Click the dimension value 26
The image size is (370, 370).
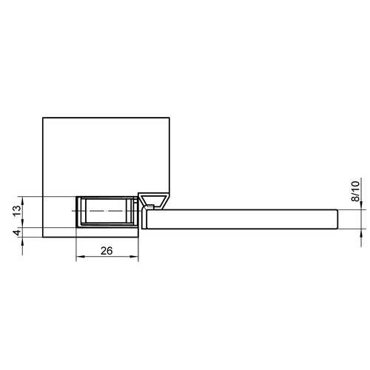pyautogui.click(x=106, y=252)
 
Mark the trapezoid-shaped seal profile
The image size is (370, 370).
pyautogui.click(x=154, y=200)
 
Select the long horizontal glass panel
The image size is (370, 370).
pyautogui.click(x=244, y=220)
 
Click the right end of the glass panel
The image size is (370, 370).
pyautogui.click(x=337, y=220)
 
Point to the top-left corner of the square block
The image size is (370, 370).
pyautogui.click(x=44, y=117)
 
